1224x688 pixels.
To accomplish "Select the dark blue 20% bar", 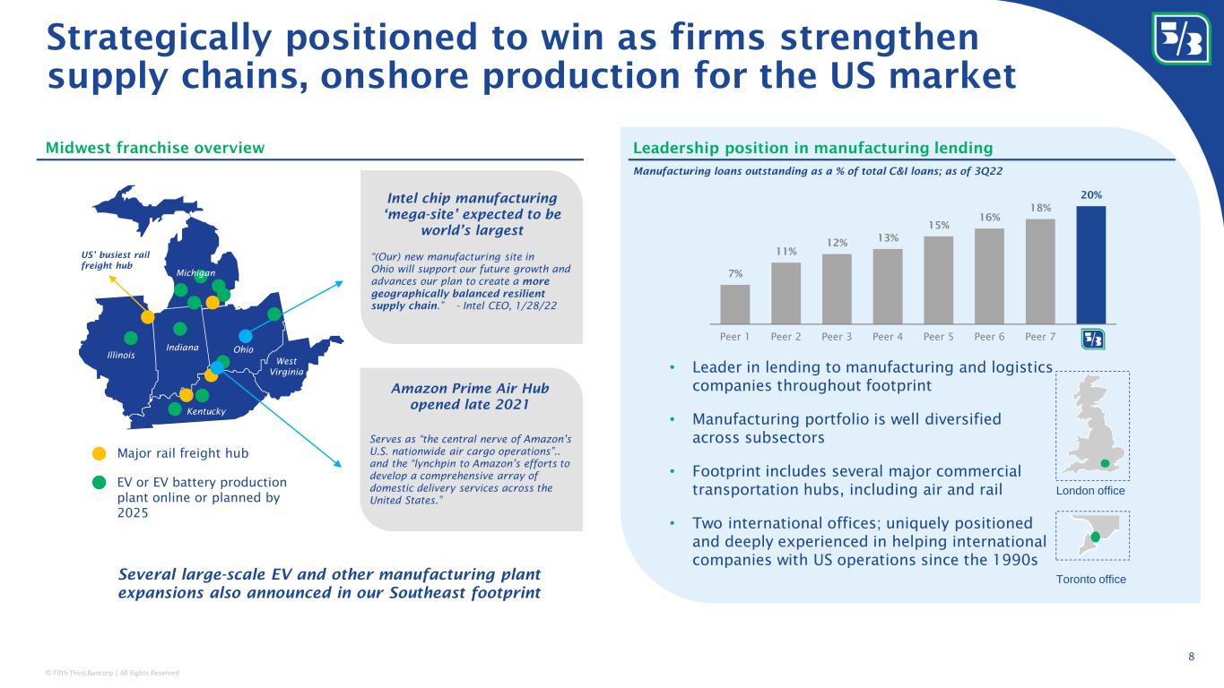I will [x=1091, y=263].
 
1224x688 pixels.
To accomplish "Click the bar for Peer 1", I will [x=735, y=303].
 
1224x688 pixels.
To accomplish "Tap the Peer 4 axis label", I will [x=888, y=338].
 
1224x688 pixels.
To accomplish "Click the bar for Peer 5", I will [x=939, y=279].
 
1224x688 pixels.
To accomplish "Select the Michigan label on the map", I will [x=196, y=271].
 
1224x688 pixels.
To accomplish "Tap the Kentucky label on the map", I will [x=206, y=411].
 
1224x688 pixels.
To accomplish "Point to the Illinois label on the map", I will [x=121, y=355].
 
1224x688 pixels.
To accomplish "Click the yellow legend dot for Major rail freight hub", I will [x=100, y=453].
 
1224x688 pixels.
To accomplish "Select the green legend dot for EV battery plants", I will [x=100, y=483].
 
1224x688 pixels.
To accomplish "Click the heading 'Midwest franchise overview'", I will [x=151, y=147].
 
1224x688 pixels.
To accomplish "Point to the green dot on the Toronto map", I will [x=1094, y=537].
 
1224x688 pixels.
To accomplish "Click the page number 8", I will [x=1191, y=658].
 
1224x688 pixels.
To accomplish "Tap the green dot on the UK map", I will [x=1105, y=462].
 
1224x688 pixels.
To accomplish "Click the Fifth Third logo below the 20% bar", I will [x=1092, y=339].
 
